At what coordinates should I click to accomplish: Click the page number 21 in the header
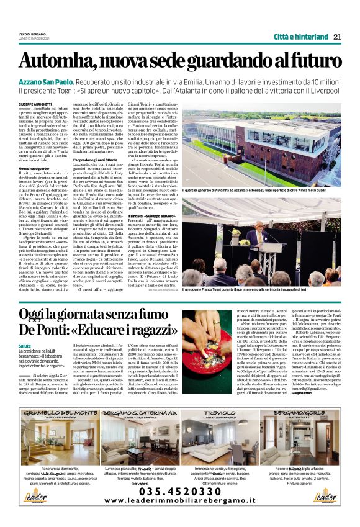(337, 36)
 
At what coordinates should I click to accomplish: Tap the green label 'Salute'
(25, 346)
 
